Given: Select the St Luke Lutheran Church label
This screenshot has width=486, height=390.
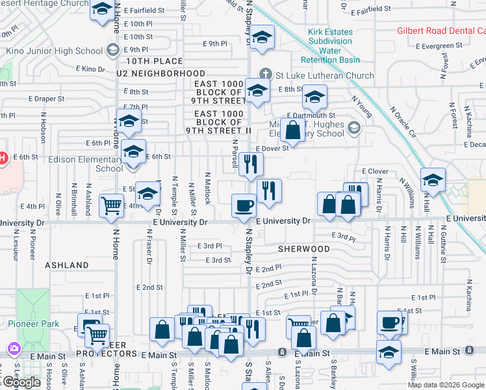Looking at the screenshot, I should [324, 75].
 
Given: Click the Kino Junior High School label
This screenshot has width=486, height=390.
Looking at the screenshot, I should [55, 50].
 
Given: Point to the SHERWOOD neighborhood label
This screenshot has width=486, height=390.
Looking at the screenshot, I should [304, 249].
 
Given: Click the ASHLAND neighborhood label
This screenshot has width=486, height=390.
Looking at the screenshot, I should [67, 265].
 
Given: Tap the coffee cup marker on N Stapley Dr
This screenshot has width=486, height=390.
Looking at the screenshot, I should [244, 206].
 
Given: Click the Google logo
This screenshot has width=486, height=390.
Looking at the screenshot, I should [21, 382].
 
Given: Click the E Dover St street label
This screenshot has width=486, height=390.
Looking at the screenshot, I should [271, 148].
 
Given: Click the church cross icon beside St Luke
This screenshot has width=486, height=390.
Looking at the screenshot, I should [265, 75].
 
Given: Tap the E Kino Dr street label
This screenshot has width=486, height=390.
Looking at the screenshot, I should [90, 68].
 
